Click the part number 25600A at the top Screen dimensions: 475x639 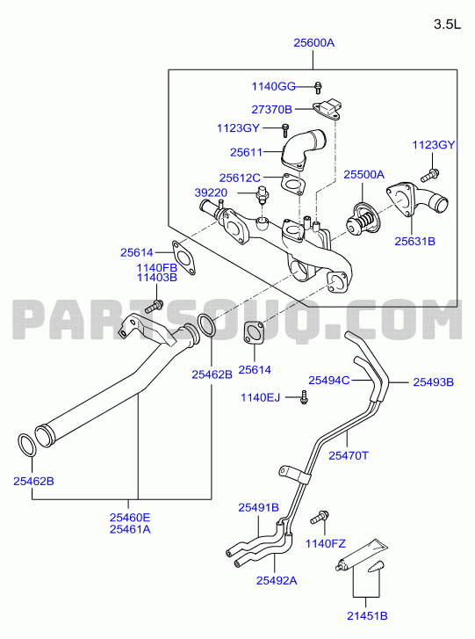click(313, 42)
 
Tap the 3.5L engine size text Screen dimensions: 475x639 click(447, 25)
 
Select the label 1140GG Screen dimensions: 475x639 click(274, 86)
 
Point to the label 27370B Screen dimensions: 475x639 click(272, 109)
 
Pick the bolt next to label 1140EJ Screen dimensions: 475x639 click(304, 397)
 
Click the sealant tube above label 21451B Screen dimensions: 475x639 click(362, 555)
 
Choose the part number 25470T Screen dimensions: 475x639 click(349, 455)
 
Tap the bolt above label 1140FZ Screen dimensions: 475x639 click(320, 517)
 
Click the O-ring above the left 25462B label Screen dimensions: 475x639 click(27, 446)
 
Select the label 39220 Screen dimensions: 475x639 click(211, 192)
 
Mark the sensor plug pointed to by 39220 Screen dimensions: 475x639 click(262, 194)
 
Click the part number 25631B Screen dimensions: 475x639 click(414, 241)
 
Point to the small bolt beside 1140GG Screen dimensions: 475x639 click(318, 87)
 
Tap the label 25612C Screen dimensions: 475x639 click(240, 178)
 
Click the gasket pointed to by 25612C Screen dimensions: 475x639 click(293, 185)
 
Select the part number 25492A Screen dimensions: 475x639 click(277, 580)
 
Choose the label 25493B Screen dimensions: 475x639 click(434, 382)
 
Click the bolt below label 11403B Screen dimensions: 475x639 click(155, 306)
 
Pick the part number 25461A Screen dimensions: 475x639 click(130, 529)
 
